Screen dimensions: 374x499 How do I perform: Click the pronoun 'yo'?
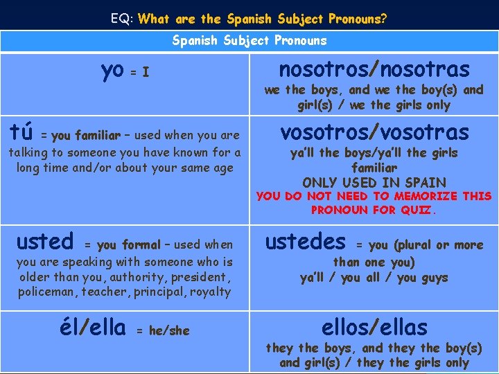click(x=112, y=70)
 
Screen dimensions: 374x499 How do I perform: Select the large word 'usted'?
click(x=44, y=242)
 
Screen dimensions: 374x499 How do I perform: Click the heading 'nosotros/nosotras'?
click(x=374, y=69)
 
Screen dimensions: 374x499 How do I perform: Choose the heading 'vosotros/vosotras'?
click(x=374, y=132)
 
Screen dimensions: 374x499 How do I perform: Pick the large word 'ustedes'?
click(x=306, y=242)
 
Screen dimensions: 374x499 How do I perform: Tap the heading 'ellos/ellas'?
click(x=374, y=327)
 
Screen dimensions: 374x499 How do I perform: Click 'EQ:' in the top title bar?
click(x=122, y=19)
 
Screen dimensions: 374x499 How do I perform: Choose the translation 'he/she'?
click(x=169, y=331)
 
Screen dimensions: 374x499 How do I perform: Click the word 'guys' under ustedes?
click(x=432, y=278)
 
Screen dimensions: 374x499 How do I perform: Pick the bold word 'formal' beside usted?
click(x=141, y=244)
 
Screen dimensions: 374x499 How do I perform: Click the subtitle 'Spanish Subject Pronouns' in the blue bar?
click(x=249, y=41)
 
